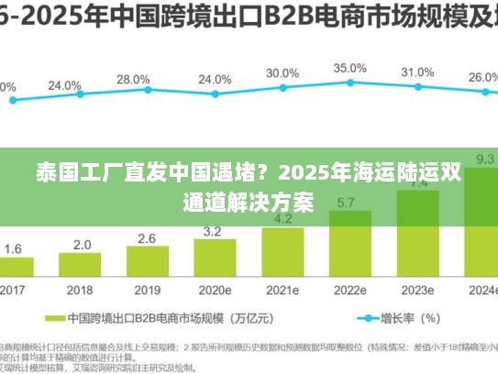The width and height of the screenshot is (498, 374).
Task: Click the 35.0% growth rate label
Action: [x=349, y=69]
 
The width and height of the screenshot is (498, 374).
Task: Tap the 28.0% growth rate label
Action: [x=133, y=80]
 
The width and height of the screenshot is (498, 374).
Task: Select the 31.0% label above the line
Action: [x=417, y=72]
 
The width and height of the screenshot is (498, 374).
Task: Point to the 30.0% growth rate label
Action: [x=282, y=73]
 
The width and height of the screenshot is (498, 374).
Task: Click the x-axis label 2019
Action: [x=147, y=291]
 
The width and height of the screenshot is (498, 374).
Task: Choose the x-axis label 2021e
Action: [x=282, y=291]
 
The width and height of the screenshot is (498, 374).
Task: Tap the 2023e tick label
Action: [x=417, y=291]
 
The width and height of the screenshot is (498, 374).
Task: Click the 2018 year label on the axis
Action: [x=81, y=291]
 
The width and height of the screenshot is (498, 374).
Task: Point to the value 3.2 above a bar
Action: [x=212, y=231]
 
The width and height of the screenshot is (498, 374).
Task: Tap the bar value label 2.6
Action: [x=147, y=238]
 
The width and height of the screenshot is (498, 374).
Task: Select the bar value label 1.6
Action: [x=14, y=248]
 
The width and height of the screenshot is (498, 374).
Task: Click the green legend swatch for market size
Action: [x=83, y=319]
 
